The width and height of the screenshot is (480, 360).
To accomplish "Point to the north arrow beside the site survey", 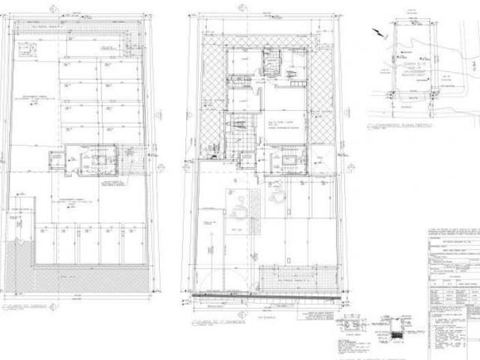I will (x=376, y=31).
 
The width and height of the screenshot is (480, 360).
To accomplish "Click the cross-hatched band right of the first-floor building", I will (x=321, y=97).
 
